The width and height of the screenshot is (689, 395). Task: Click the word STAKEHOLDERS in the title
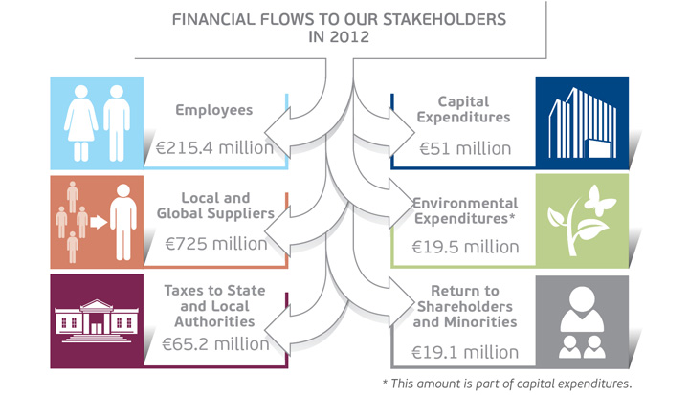point(445,20)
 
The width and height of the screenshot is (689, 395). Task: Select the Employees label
point(214,110)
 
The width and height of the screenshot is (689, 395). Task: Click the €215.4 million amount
point(215,148)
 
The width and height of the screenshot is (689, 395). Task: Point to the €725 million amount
point(216,244)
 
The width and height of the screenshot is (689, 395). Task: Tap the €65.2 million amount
point(215,344)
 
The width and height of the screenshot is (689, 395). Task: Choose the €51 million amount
point(465,148)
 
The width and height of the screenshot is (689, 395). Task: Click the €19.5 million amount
point(465,247)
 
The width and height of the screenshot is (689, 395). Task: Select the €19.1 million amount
point(465,352)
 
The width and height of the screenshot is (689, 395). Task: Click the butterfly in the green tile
point(600,200)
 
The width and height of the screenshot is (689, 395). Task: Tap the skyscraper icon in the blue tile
point(582,122)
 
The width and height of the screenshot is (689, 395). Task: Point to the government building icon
point(97,321)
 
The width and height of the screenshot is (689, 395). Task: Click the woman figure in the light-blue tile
point(80,123)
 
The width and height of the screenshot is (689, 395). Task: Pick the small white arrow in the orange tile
point(99,222)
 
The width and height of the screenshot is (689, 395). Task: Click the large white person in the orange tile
point(123,222)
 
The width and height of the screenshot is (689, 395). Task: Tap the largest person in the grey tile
point(582,309)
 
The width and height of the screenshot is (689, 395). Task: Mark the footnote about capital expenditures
point(507,384)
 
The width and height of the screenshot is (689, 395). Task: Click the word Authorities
point(214,321)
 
